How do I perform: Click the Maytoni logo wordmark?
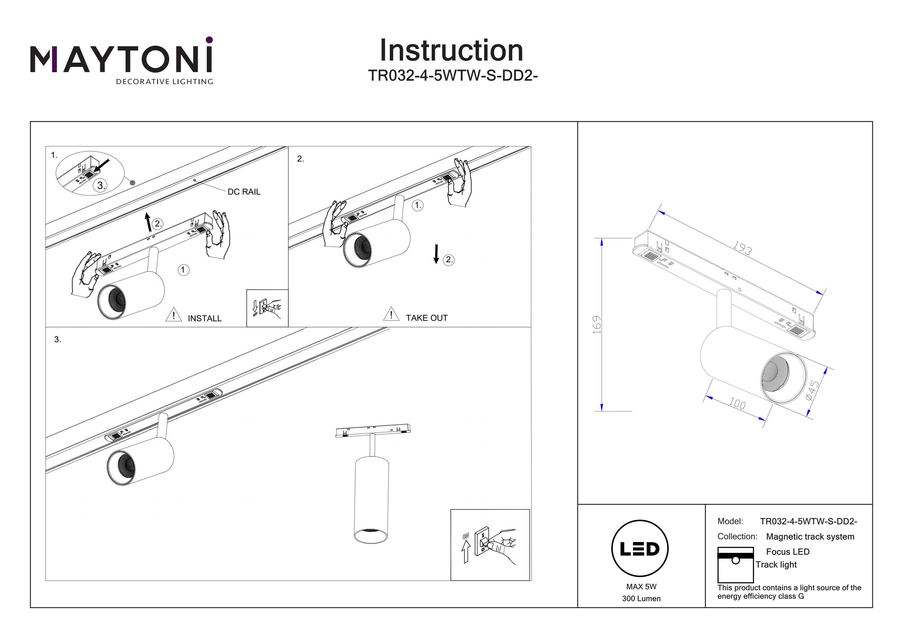[121, 59]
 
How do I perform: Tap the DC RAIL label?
[244, 192]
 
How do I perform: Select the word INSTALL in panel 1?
[204, 319]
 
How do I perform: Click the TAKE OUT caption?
[427, 318]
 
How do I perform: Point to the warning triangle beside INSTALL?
[173, 315]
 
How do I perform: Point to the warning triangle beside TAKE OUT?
[391, 314]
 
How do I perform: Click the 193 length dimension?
[742, 248]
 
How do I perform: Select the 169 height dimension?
[597, 325]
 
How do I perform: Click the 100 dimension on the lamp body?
[737, 404]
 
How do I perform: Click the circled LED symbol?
[640, 549]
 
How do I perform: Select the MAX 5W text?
[641, 587]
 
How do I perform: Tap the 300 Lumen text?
[641, 599]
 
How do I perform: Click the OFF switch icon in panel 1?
[267, 309]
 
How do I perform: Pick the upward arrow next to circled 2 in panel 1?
[148, 222]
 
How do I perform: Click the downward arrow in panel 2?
[436, 254]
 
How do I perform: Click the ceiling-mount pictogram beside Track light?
[735, 565]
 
